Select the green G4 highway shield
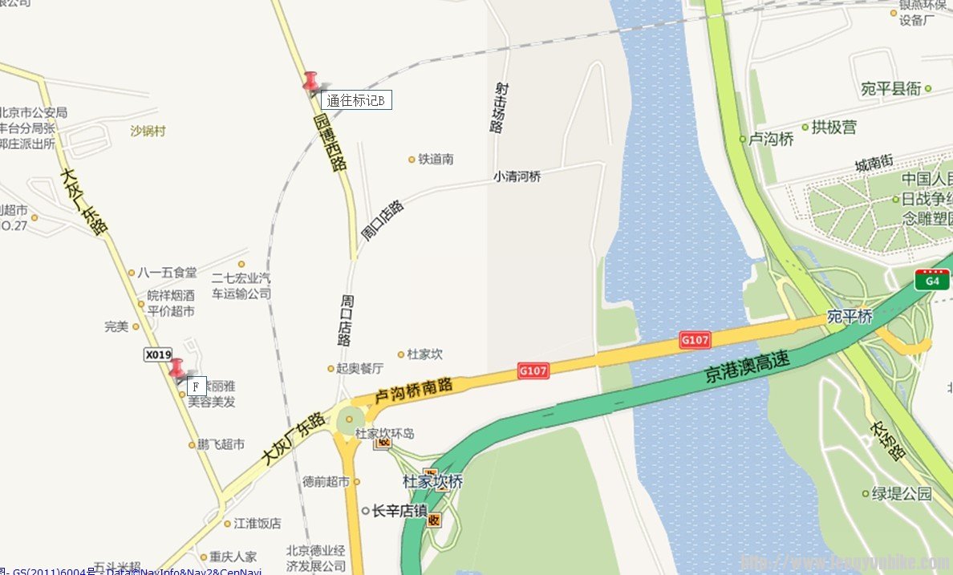click(932, 280)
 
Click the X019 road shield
click(158, 354)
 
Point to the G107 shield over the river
click(695, 340)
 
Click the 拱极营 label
click(833, 127)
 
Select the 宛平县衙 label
click(890, 88)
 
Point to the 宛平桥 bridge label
click(850, 318)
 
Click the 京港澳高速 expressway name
click(748, 368)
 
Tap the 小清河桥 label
click(517, 176)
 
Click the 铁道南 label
click(436, 160)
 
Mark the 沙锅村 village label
click(148, 131)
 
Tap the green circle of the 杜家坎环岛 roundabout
click(350, 419)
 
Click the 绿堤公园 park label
click(902, 493)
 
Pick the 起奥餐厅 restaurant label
click(359, 368)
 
